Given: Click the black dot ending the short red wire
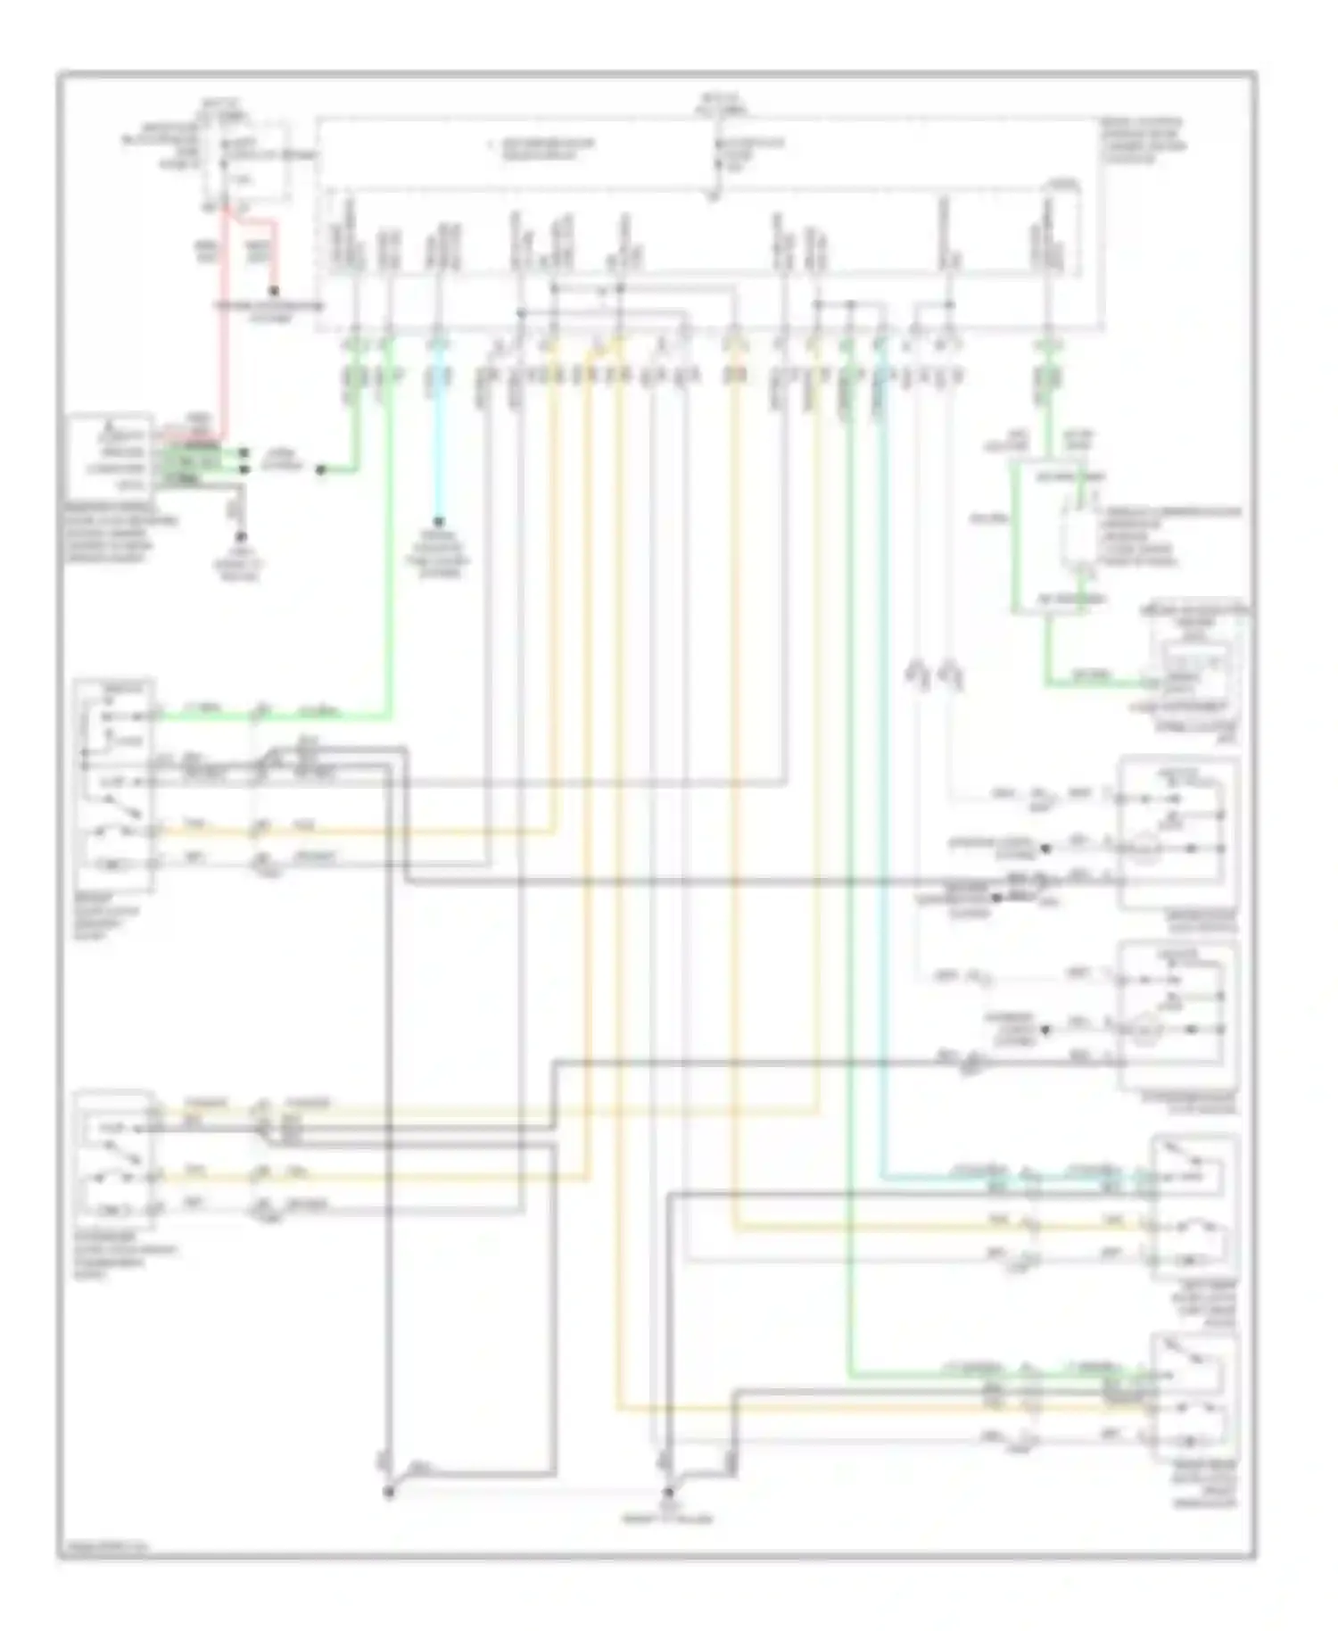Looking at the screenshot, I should pos(274,291).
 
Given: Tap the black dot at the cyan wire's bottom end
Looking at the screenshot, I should pos(438,522).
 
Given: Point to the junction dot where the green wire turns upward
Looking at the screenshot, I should pos(321,469).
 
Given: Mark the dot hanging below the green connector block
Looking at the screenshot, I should pos(240,538).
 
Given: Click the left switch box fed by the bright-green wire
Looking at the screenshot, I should pos(116,785).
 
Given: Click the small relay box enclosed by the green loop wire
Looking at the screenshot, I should pos(1079,535).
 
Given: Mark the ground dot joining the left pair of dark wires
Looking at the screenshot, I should pos(389,1493).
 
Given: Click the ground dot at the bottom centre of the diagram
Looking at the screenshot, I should pos(667,1493).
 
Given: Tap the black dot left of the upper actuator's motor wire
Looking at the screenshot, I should pos(1045,849).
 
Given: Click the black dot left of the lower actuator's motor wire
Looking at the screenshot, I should pos(1045,1030).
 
